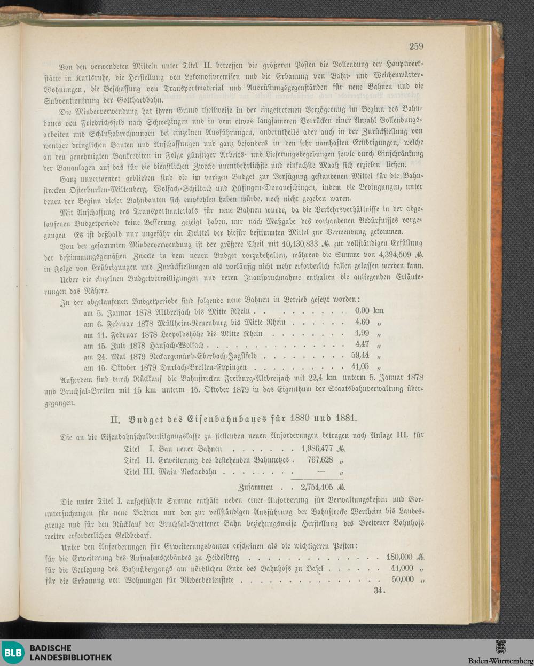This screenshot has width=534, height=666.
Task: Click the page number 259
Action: pos(416,46)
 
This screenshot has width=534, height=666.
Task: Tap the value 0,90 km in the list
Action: pos(369,310)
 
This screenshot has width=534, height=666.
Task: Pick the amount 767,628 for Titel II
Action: pos(320,460)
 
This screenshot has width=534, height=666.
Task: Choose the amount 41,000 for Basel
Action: pos(402,568)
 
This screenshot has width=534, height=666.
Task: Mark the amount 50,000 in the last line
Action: pos(403,579)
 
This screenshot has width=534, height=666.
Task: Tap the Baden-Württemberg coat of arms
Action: pos(501,646)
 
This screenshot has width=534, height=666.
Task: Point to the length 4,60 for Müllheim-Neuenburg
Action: pos(362,322)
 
